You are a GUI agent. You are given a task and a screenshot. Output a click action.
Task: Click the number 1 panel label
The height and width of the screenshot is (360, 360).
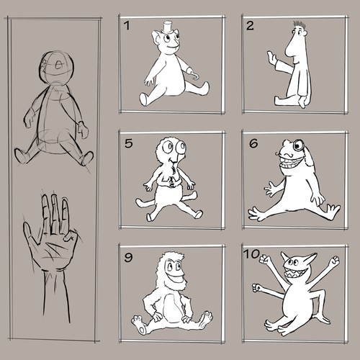[127, 27]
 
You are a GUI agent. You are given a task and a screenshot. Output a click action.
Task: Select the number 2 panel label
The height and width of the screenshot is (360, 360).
[251, 27]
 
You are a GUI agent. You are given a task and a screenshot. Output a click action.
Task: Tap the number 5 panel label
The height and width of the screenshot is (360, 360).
[128, 143]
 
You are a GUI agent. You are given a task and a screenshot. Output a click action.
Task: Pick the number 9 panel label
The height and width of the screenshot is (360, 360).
[128, 256]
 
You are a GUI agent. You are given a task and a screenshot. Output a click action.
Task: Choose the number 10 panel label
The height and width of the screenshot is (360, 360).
[253, 256]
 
